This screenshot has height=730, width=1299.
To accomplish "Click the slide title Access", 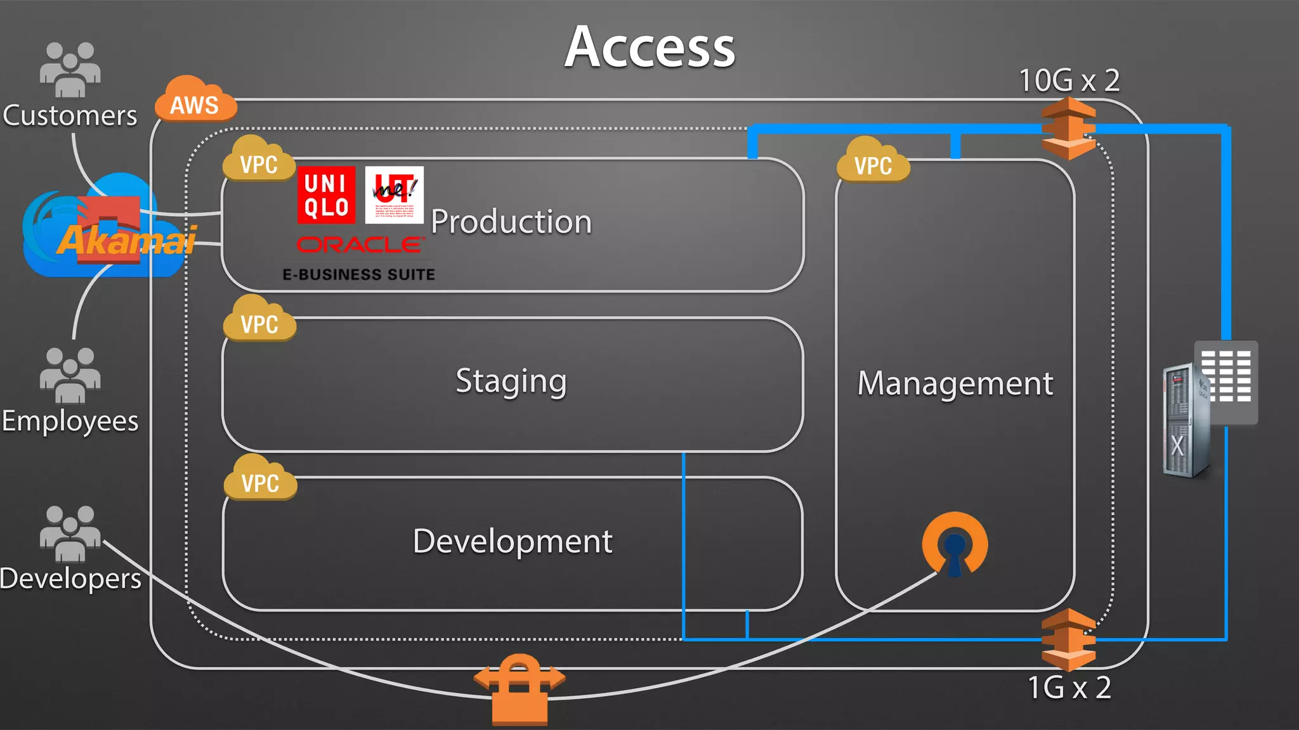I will pyautogui.click(x=649, y=48).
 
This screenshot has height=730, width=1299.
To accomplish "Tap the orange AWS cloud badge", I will pyautogui.click(x=195, y=101).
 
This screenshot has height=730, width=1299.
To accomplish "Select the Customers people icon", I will pyautogui.click(x=70, y=70).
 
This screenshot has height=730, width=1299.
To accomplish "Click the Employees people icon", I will pyautogui.click(x=70, y=375).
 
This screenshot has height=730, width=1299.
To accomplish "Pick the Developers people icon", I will pyautogui.click(x=70, y=534).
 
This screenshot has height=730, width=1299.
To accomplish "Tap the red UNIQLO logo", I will pyautogui.click(x=326, y=195).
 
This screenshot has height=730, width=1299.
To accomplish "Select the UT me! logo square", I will pyautogui.click(x=394, y=195).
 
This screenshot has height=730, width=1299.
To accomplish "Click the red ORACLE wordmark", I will pyautogui.click(x=359, y=245).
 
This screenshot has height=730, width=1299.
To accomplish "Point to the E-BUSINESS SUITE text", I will pyautogui.click(x=359, y=274).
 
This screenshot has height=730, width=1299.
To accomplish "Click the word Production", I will pyautogui.click(x=511, y=222).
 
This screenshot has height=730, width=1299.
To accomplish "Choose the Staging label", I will pyautogui.click(x=511, y=381).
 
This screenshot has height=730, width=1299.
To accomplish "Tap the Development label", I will pyautogui.click(x=512, y=541).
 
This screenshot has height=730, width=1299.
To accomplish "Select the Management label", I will pyautogui.click(x=955, y=383).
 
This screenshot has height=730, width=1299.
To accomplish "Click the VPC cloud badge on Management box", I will pyautogui.click(x=873, y=162).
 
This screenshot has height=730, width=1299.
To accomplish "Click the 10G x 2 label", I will pyautogui.click(x=1069, y=80).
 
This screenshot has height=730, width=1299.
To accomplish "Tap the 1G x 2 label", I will pyautogui.click(x=1069, y=688).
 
